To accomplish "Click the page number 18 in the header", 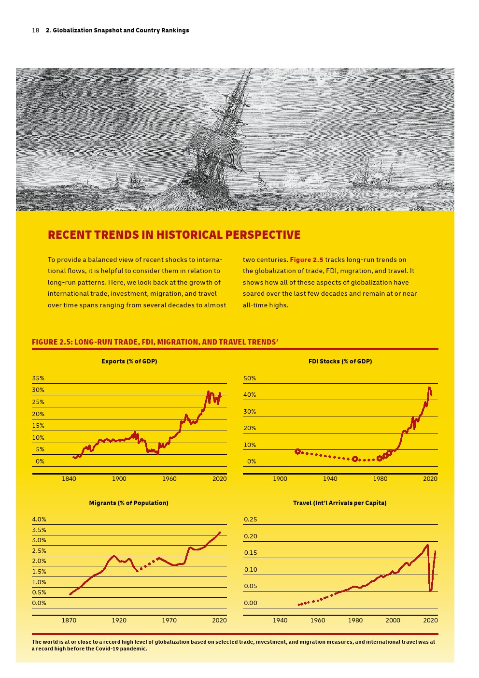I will pos(35,30).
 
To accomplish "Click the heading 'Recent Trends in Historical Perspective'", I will pos(174,235).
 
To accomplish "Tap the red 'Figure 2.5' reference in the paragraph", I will pos(307,260).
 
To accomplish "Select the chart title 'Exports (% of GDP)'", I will pos(129,361).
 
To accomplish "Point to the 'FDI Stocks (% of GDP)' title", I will pos(340,361).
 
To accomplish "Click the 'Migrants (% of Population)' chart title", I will pos(128,503).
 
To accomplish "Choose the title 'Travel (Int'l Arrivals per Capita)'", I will pos(339,503).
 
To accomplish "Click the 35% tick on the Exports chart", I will pos(38,378).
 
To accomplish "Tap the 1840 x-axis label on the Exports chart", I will pos(69,479).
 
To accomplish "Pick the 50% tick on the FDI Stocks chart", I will pos(250,378).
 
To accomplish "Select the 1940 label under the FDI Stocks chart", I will pos(330,479).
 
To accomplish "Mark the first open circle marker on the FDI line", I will pos(297,451).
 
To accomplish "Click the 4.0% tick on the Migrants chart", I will pos(39,519).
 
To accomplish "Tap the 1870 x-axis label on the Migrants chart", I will pos(69,620).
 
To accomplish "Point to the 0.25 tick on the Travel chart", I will pos(251,519).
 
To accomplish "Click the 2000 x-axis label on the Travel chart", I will pos(393,620).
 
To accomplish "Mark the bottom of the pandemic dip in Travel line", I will pos(431,590).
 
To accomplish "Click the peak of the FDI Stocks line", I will pos(429,388).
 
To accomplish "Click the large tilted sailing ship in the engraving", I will pos(220,140).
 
